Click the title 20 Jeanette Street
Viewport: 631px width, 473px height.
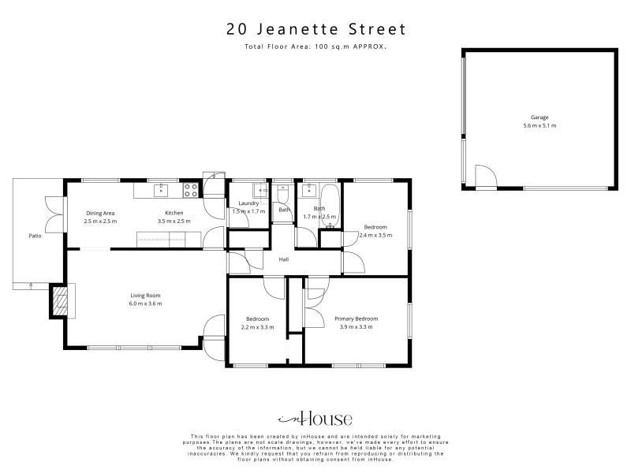[316, 29]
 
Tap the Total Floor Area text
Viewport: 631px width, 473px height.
[315, 47]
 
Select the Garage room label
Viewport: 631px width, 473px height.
[540, 117]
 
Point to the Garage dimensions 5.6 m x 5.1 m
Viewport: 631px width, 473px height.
[540, 125]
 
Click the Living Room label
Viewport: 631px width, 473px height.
[145, 296]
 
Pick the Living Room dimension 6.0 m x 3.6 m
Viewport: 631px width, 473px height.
[145, 304]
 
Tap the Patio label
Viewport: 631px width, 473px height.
[35, 236]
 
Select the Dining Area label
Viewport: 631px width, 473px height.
[100, 213]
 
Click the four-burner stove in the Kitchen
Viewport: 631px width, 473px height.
[191, 190]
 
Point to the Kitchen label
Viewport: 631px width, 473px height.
[174, 213]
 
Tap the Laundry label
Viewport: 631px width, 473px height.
[248, 203]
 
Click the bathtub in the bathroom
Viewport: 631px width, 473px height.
[330, 206]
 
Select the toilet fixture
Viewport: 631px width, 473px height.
[283, 194]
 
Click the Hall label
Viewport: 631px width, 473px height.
[284, 259]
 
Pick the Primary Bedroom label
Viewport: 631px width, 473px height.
[357, 319]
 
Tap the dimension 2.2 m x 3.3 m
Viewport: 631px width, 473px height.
[258, 327]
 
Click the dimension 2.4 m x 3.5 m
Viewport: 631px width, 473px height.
[375, 235]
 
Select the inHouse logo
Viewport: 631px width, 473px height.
[315, 419]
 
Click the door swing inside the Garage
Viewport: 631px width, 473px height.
[487, 176]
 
